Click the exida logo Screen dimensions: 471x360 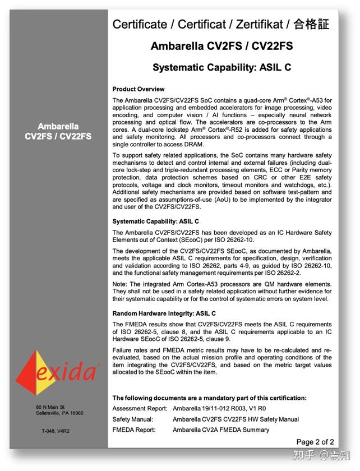pos(57,370)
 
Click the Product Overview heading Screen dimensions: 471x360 pos(138,89)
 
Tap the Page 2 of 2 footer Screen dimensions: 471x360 pos(315,442)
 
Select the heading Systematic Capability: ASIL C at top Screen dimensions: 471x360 pos(221,68)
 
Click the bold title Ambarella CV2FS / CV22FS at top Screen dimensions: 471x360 pos(221,46)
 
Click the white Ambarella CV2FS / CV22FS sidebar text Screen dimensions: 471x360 pos(58,131)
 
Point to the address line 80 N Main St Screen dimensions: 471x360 pos(50,407)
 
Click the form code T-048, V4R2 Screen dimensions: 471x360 pos(56,431)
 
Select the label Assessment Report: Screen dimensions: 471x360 pos(140,409)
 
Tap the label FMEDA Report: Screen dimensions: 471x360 pos(134,430)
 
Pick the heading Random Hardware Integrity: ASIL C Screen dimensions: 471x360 pos(164,313)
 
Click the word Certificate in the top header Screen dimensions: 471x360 pos(139,24)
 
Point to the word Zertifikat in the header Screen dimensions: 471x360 pos(256,24)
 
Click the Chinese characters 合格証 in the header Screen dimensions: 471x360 pos(312,24)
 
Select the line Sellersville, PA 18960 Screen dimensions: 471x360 pos(59,413)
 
